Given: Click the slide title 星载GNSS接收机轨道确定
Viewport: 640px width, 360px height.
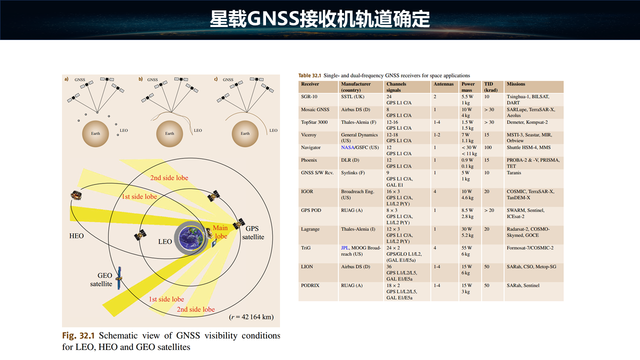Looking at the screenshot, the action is click(319, 19).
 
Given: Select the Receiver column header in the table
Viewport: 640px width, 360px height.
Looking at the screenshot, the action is click(309, 84).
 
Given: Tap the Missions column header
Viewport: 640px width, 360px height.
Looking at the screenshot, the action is click(515, 84).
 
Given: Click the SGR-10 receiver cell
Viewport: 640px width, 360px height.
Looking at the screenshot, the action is click(309, 96).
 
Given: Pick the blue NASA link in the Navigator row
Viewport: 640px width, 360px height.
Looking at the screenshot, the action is click(347, 147).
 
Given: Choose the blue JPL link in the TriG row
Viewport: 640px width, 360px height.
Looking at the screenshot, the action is click(345, 247).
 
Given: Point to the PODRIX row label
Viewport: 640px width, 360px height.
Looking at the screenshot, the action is click(310, 285).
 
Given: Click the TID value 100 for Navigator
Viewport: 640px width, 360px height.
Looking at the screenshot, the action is click(487, 147).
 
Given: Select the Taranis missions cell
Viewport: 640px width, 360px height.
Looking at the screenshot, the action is click(513, 172).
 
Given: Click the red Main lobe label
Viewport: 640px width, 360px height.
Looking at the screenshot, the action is click(220, 231).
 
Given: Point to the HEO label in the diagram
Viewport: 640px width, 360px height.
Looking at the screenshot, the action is click(76, 235).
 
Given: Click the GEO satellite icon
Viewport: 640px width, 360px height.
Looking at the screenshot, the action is click(119, 278).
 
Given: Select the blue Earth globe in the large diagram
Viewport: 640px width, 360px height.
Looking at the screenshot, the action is click(191, 238).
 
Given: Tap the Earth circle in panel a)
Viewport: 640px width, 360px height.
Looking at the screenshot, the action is click(95, 133).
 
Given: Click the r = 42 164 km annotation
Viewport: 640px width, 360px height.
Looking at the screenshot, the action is click(251, 317).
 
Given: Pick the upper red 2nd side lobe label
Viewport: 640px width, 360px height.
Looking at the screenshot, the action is click(169, 177).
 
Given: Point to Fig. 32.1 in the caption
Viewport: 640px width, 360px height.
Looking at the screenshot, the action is click(78, 335).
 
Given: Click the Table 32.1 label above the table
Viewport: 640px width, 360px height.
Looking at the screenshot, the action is click(309, 75).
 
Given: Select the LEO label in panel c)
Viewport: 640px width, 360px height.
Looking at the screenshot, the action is click(273, 130).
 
